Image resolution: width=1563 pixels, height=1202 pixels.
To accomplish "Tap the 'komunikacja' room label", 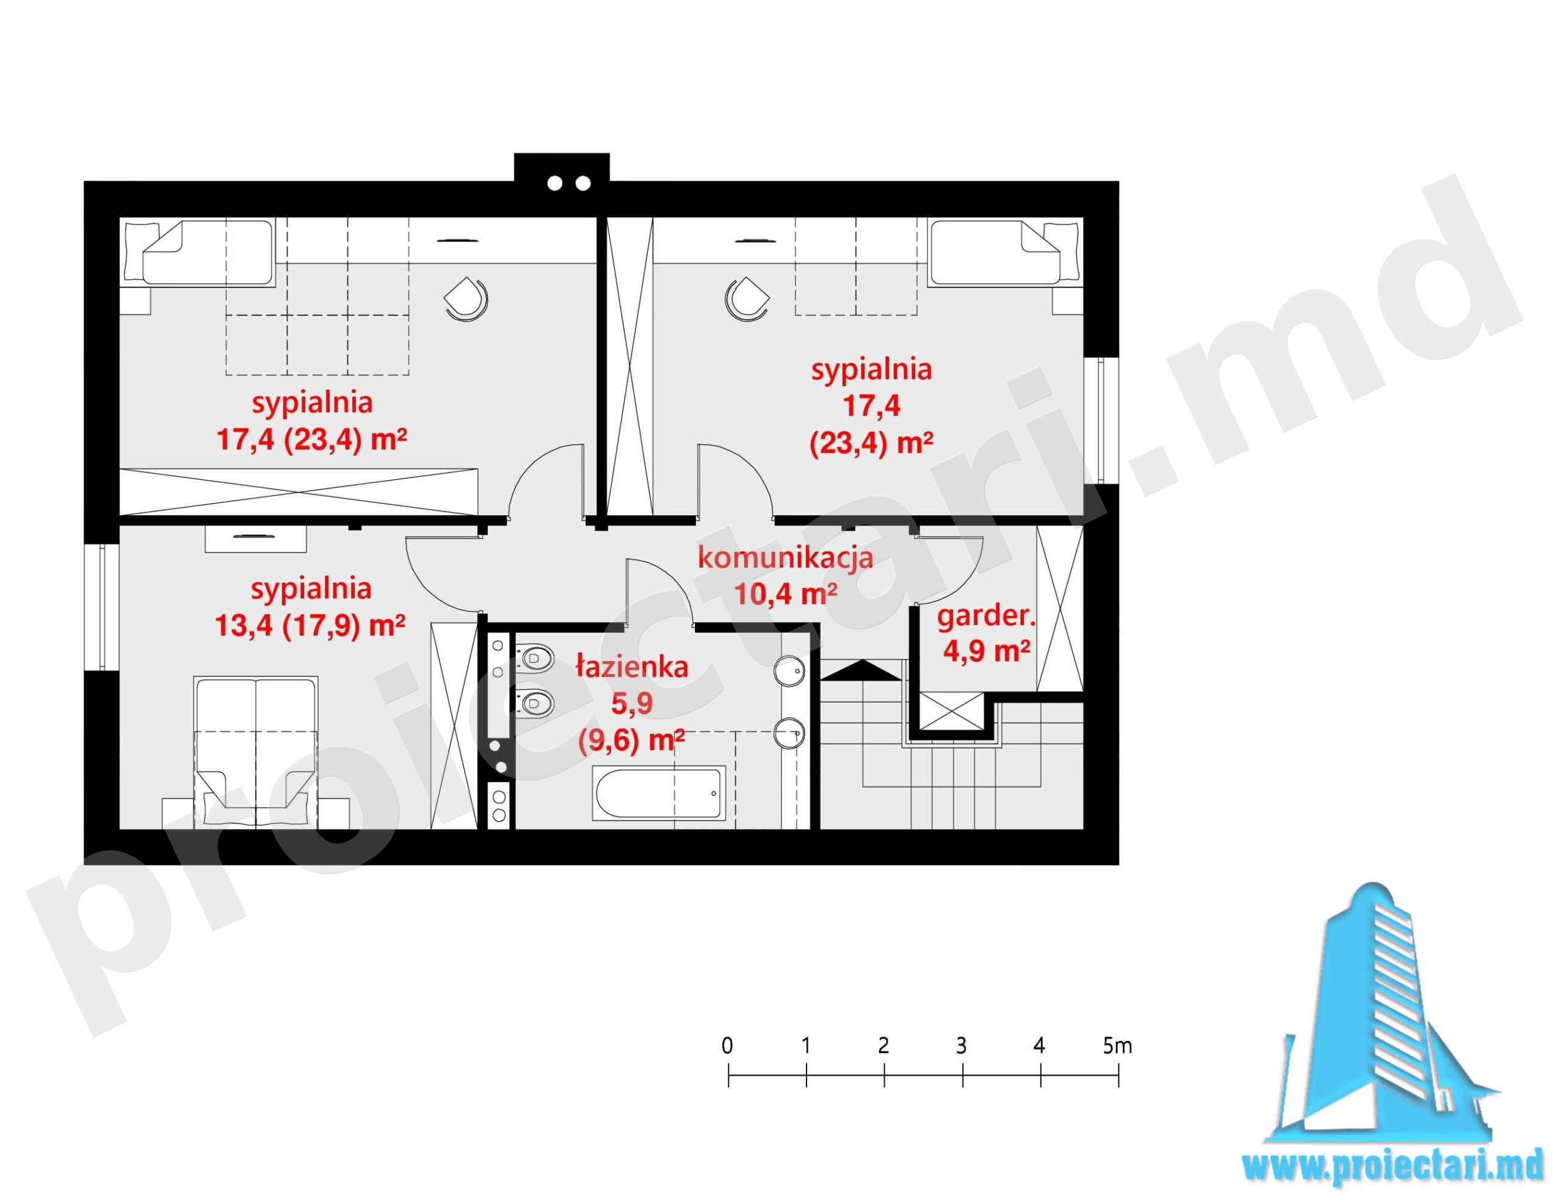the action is pyautogui.click(x=786, y=558).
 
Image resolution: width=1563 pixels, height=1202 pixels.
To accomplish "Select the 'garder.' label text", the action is pyautogui.click(x=986, y=616).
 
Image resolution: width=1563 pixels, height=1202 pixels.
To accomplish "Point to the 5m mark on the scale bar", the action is pyautogui.click(x=1119, y=1076).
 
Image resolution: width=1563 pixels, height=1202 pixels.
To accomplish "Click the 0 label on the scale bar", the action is pyautogui.click(x=728, y=1046).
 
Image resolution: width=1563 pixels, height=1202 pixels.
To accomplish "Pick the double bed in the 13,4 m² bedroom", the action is pyautogui.click(x=255, y=752).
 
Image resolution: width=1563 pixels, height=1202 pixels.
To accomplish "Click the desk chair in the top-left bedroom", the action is pyautogui.click(x=466, y=299).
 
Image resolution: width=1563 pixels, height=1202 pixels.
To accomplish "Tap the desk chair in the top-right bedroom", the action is pyautogui.click(x=747, y=299).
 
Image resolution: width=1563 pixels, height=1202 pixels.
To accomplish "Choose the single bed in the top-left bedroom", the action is pyautogui.click(x=199, y=253).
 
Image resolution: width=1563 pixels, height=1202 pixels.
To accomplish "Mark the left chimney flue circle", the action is pyautogui.click(x=554, y=184).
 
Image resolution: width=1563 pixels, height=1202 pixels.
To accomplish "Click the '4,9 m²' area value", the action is pyautogui.click(x=986, y=652).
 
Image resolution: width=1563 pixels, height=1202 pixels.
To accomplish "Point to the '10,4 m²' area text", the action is pyautogui.click(x=786, y=594).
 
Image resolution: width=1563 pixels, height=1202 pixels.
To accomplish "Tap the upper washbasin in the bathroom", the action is pyautogui.click(x=789, y=671).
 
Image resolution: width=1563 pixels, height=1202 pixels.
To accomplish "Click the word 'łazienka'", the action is pyautogui.click(x=633, y=667).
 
